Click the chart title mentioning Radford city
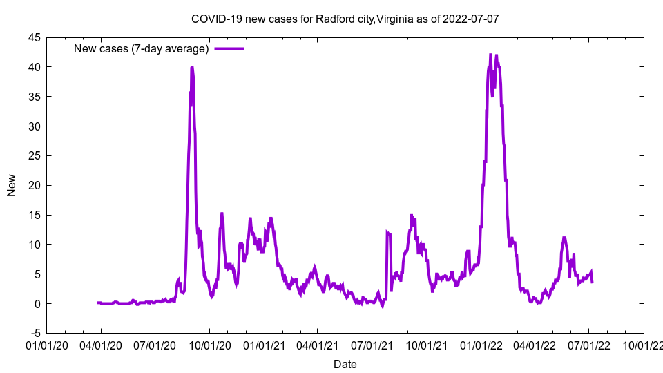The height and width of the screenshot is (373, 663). (x=345, y=19)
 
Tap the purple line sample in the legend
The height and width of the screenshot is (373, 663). (x=229, y=48)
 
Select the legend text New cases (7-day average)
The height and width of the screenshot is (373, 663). (x=141, y=48)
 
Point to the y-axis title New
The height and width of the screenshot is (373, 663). (x=12, y=185)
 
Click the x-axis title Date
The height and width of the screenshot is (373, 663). (x=345, y=364)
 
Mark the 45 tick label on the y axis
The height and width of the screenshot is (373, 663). (x=34, y=37)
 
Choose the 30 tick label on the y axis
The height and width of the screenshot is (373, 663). (x=34, y=126)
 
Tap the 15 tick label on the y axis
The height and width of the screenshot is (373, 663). (x=34, y=215)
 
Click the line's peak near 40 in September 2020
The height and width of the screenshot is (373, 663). (x=191, y=67)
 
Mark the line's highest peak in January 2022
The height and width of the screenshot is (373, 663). (x=490, y=55)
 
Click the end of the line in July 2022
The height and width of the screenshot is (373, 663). (x=592, y=281)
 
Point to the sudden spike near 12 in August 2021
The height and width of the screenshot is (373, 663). (x=387, y=233)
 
